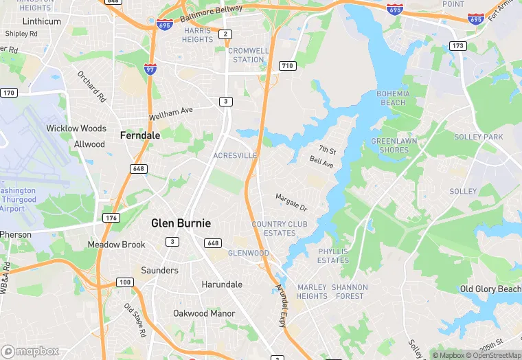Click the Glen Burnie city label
[181, 223]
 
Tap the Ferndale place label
[140, 135]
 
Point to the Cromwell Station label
[249, 55]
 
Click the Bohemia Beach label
[393, 98]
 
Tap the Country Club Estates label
[273, 229]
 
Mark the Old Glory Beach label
[490, 289]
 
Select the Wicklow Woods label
[76, 128]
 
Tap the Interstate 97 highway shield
[150, 68]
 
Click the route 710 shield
[288, 65]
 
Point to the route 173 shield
[457, 45]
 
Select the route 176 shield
[110, 218]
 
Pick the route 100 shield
[124, 282]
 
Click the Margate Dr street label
[291, 202]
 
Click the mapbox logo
[31, 351]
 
